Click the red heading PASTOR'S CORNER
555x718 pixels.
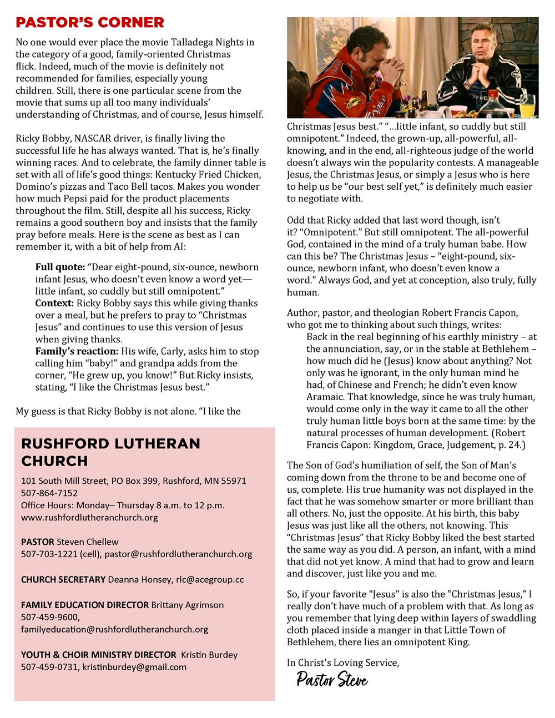tap(90, 23)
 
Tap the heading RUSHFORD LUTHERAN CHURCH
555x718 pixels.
tap(110, 452)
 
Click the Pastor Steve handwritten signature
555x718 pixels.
tap(332, 679)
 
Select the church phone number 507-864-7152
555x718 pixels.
tap(49, 493)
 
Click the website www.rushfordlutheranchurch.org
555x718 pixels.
tap(89, 517)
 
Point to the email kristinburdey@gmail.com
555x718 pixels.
tap(134, 667)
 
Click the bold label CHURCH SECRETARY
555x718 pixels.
tap(63, 579)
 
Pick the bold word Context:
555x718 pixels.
tap(54, 303)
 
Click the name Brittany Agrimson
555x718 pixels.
tap(188, 605)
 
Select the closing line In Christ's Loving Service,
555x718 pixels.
tap(343, 663)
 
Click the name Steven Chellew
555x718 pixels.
tap(88, 542)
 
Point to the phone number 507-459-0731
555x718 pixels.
tap(49, 667)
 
